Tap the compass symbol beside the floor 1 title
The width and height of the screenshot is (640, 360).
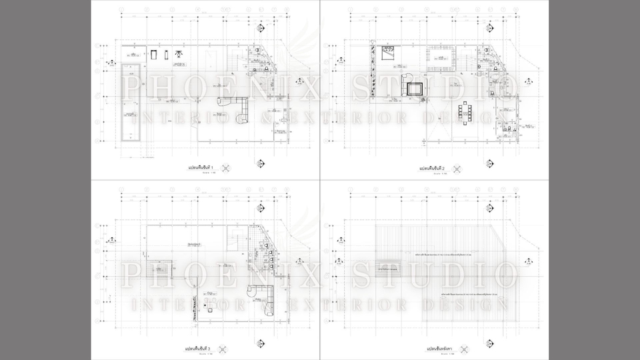[226, 167]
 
